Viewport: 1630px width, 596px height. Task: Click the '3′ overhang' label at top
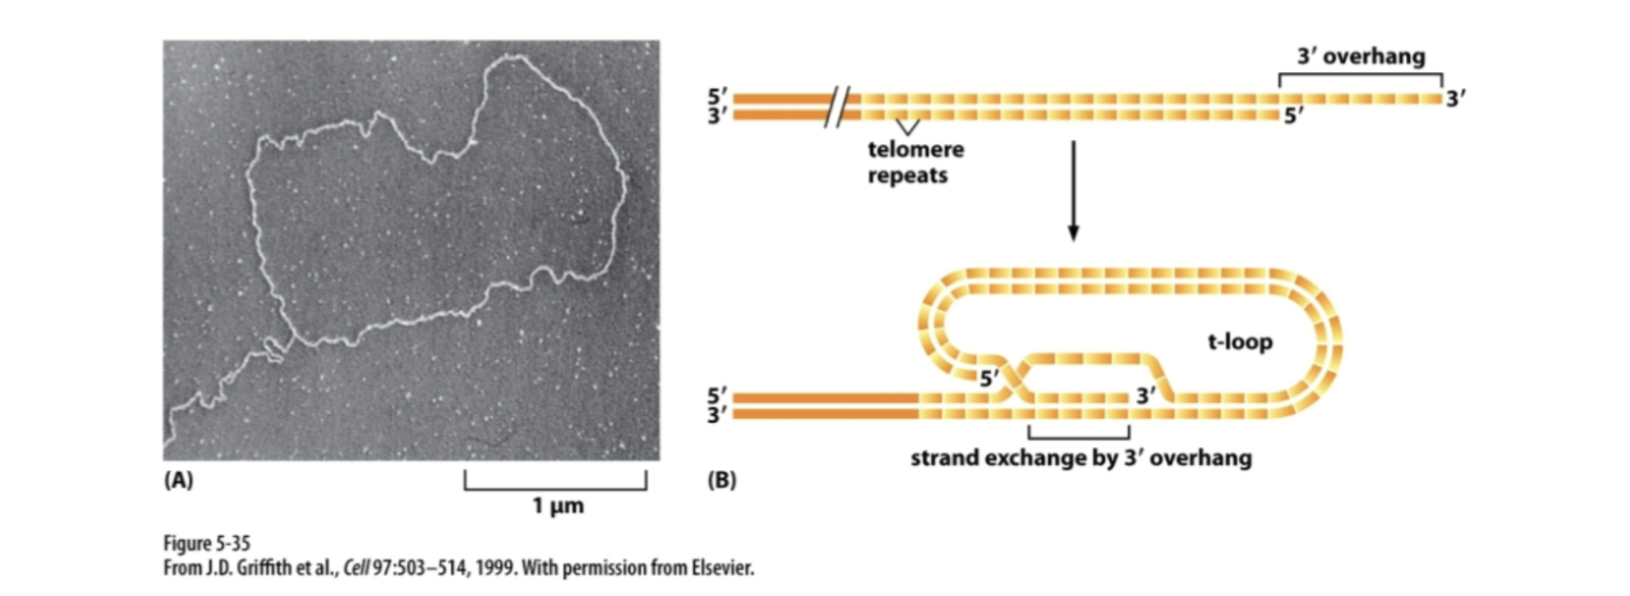click(1361, 57)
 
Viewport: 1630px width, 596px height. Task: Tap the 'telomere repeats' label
click(915, 162)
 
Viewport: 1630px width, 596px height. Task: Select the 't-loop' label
click(1240, 342)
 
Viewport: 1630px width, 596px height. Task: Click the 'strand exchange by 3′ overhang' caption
click(1081, 458)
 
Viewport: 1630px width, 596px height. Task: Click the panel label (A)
click(179, 480)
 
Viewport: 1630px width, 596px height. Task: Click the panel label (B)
click(721, 480)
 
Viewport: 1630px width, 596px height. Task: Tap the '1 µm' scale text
click(558, 505)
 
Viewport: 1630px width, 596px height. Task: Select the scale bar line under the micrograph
click(555, 488)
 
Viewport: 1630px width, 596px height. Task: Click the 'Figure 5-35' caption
click(207, 543)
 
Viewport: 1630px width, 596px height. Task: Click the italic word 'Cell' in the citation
click(355, 567)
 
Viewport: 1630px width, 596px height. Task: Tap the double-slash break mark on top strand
click(837, 106)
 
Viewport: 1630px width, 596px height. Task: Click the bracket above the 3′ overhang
click(1360, 76)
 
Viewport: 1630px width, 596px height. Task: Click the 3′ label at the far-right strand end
click(1455, 99)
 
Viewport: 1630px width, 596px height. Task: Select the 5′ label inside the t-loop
click(989, 378)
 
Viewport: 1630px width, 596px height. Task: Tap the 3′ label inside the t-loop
click(1146, 395)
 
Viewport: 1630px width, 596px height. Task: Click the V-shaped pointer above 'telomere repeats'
click(907, 127)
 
